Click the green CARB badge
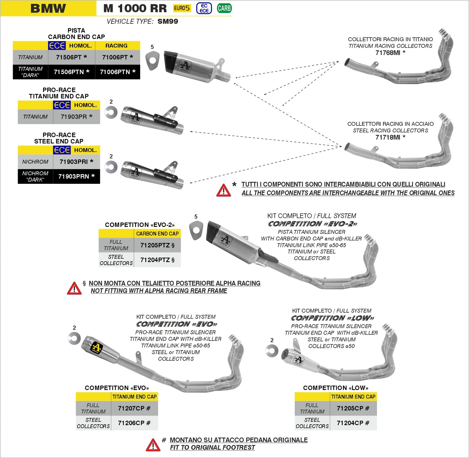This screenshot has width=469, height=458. (224, 8)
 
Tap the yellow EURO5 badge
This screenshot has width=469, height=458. (182, 8)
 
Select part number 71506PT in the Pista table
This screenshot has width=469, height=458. (71, 57)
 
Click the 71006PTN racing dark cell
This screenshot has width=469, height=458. (118, 72)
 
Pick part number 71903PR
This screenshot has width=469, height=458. (76, 117)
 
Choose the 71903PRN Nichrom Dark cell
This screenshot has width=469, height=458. (76, 176)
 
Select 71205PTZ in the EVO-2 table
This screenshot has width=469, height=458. (157, 245)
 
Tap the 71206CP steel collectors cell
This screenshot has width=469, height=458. (134, 423)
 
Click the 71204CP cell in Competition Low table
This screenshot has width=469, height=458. (353, 423)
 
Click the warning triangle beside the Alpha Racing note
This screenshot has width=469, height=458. (74, 288)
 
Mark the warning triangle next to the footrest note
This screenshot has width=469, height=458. (153, 445)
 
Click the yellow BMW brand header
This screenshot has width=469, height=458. (48, 8)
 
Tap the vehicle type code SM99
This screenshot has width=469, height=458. (168, 21)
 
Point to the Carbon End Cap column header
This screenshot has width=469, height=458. (157, 234)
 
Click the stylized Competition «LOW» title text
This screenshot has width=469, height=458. (332, 318)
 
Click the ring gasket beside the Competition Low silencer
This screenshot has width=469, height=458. (272, 351)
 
